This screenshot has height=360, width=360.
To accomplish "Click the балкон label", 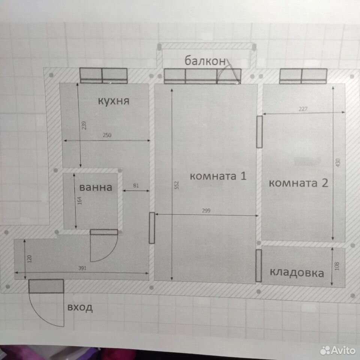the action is (x=205, y=61).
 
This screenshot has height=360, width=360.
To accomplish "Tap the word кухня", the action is (x=114, y=101).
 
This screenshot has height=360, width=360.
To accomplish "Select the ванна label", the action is (x=96, y=187).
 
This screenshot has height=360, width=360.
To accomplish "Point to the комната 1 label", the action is (x=218, y=176).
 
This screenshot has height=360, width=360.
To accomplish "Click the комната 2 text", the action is (x=298, y=183).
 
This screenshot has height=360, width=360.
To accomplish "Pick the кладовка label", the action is (x=297, y=273).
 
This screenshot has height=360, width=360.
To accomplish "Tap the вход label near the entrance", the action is (x=80, y=307).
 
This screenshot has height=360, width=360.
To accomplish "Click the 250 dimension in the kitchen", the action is (x=107, y=135).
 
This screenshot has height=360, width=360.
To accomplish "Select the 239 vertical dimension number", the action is (x=84, y=125).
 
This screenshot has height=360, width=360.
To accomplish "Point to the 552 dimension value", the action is (x=177, y=185).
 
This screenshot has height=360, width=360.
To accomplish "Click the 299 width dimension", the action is (x=206, y=210).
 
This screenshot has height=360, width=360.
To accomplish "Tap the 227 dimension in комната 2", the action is (x=303, y=109).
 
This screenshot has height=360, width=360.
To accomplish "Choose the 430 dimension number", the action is (x=338, y=162).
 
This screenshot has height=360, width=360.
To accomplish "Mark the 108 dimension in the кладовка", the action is (x=337, y=266).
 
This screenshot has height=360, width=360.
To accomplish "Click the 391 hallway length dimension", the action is (x=82, y=268).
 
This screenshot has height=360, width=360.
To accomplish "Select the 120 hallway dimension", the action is (x=29, y=259).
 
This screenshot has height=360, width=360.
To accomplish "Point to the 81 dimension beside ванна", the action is (x=136, y=185).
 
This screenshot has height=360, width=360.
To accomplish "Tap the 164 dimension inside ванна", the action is (x=79, y=200).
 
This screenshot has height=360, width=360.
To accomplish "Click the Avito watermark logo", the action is (x=338, y=350).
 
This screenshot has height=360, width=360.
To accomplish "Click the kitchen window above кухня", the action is (x=103, y=75).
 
